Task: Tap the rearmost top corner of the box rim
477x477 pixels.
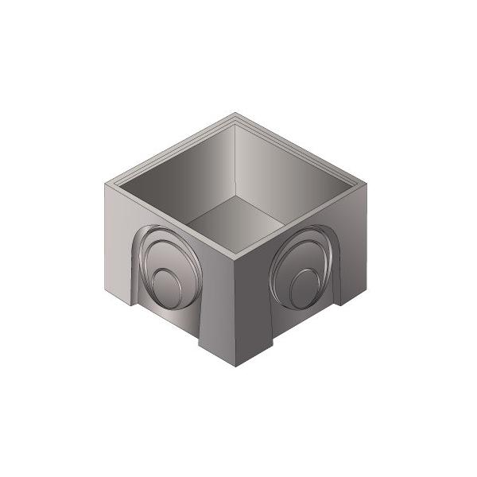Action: [x=237, y=115]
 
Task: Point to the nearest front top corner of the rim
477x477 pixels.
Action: [x=237, y=256]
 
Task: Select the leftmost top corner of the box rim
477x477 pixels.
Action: [x=106, y=184]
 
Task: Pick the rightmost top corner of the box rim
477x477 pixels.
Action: [x=370, y=184]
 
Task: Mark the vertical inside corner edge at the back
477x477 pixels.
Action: [x=237, y=159]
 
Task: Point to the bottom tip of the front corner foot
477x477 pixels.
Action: [x=237, y=366]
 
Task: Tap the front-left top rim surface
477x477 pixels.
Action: [x=171, y=221]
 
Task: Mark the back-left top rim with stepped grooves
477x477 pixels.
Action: [x=171, y=150]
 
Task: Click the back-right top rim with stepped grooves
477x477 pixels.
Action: [x=304, y=150]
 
